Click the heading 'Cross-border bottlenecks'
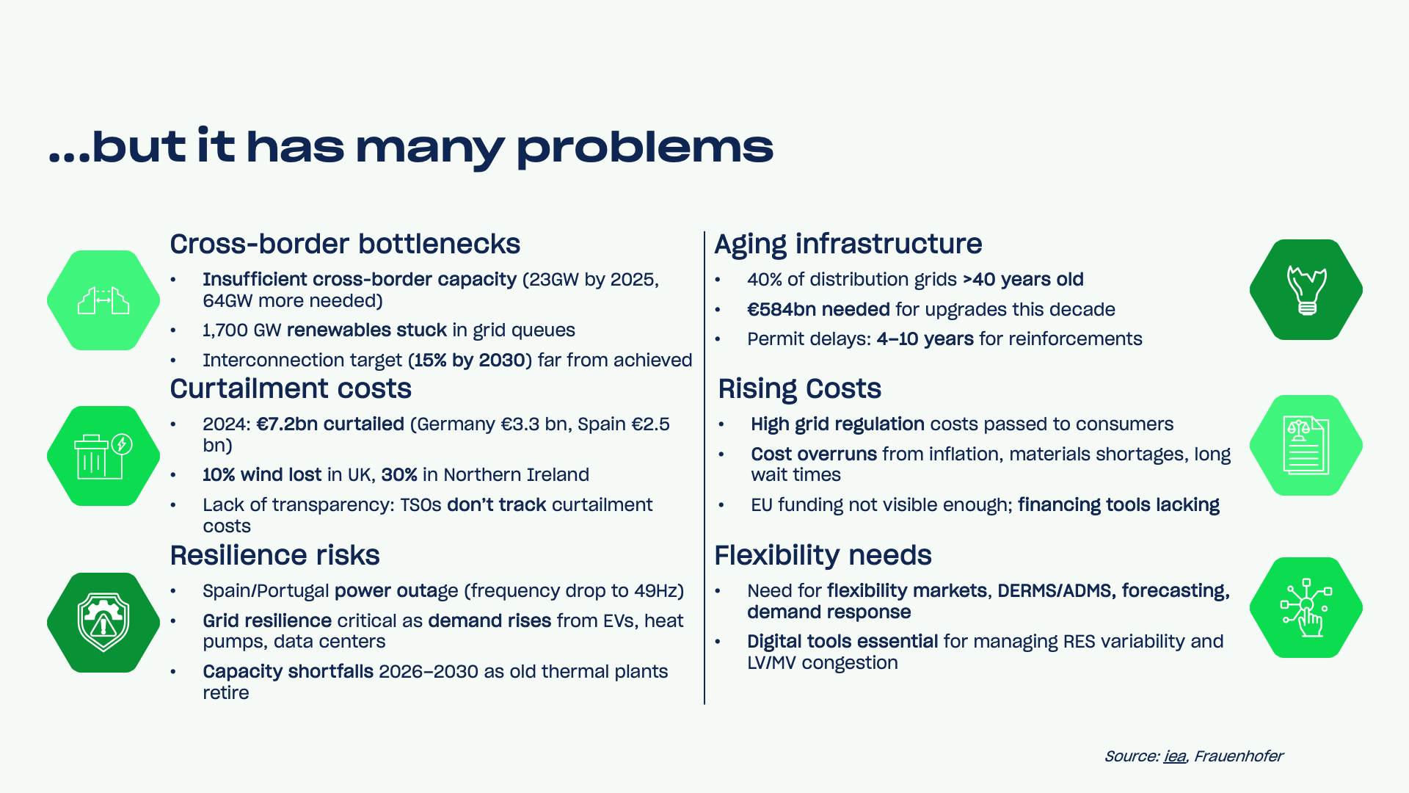point(345,244)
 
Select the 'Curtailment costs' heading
point(291,388)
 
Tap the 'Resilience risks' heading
point(275,555)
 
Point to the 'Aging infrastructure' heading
point(848,245)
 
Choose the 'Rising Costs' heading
point(800,389)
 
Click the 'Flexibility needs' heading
point(823,556)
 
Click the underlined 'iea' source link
point(1175,756)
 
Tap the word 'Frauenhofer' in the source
point(1239,756)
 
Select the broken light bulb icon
point(1306,290)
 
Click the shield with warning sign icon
point(103,623)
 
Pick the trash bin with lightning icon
point(103,456)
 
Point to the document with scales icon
point(1306,445)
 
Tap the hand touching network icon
point(1306,608)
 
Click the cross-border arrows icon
point(103,300)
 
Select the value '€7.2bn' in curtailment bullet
point(287,424)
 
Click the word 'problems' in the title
point(645,147)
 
